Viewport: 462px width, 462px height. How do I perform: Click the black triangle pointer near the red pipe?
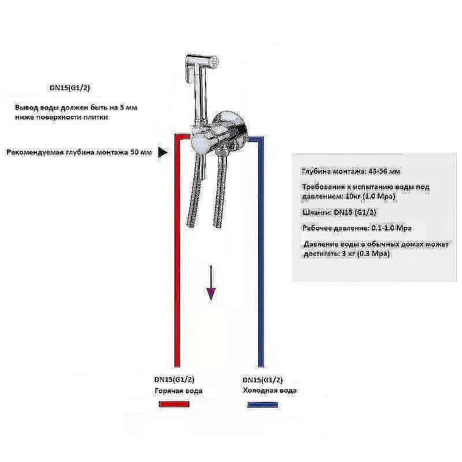click(163, 152)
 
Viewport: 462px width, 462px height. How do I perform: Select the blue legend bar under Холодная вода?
click(267, 405)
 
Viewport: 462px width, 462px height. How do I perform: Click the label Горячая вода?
click(178, 391)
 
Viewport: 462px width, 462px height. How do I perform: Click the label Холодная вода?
click(270, 391)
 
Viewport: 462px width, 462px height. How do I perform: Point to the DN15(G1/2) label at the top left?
click(69, 88)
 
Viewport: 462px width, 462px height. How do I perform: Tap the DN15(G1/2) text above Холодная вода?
click(263, 380)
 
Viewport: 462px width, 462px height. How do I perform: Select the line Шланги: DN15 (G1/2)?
click(339, 213)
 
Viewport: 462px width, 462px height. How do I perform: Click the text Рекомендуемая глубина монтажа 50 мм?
click(79, 152)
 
